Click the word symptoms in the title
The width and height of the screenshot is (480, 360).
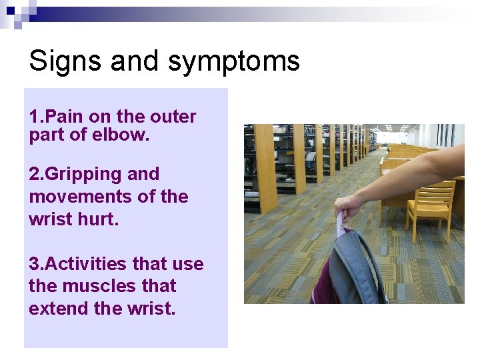234,61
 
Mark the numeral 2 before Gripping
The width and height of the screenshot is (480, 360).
34,174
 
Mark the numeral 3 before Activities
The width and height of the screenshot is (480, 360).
34,264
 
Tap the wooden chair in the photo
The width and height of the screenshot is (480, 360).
430,207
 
